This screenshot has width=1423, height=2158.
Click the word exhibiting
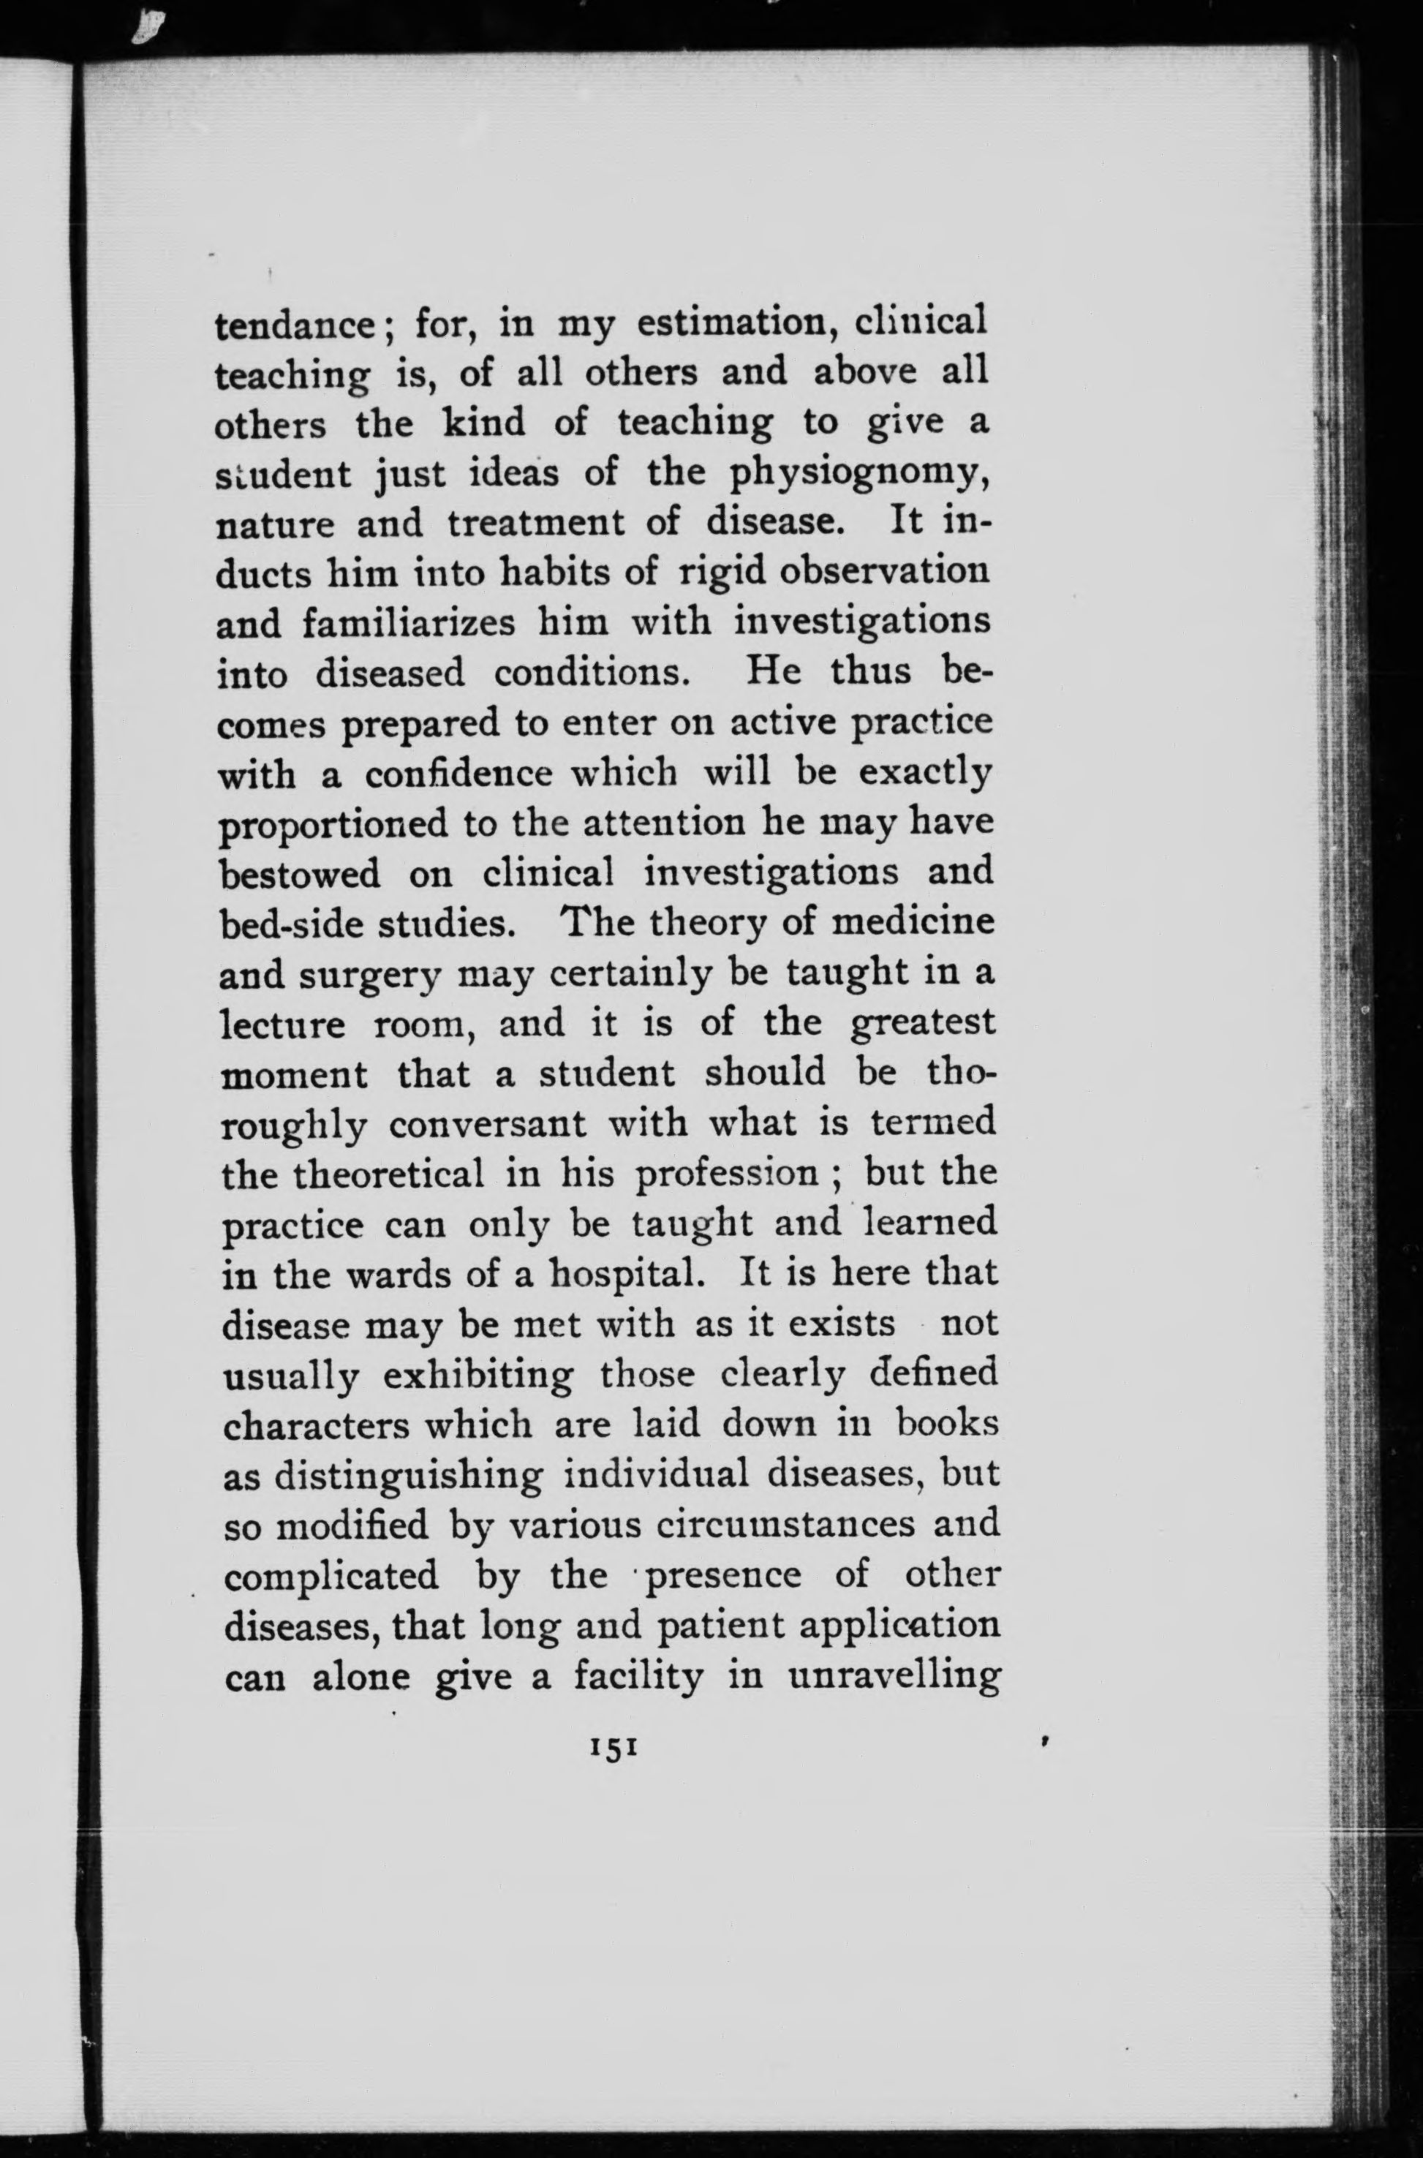coord(478,1376)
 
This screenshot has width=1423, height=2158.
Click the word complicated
coord(331,1577)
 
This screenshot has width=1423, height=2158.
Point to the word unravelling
coord(894,1676)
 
